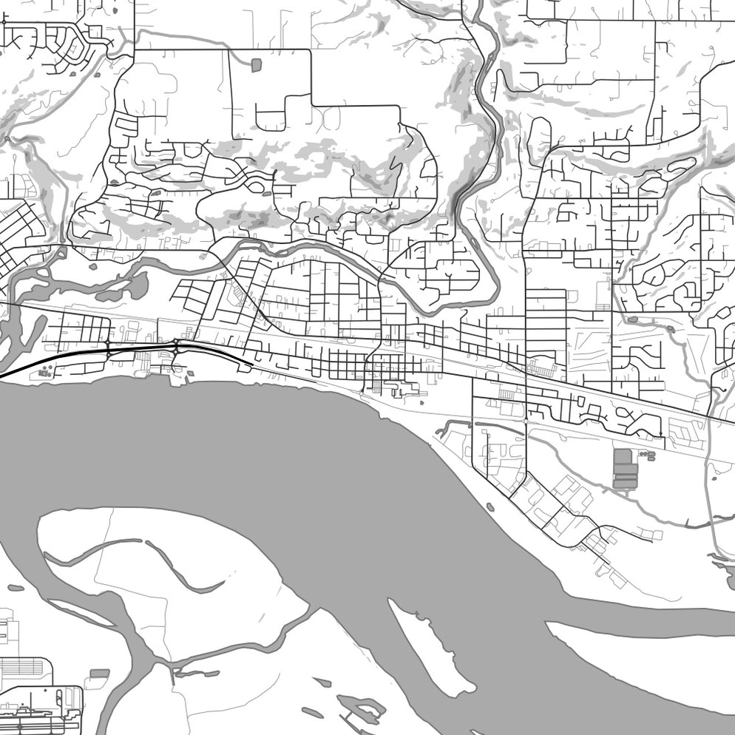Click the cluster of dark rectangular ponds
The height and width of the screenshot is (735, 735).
623,468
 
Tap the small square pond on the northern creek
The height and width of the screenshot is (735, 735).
256,65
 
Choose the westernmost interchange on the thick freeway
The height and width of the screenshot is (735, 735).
108,349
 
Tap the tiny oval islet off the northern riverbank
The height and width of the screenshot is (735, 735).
490,507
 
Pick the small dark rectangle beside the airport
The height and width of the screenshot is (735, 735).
99,674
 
